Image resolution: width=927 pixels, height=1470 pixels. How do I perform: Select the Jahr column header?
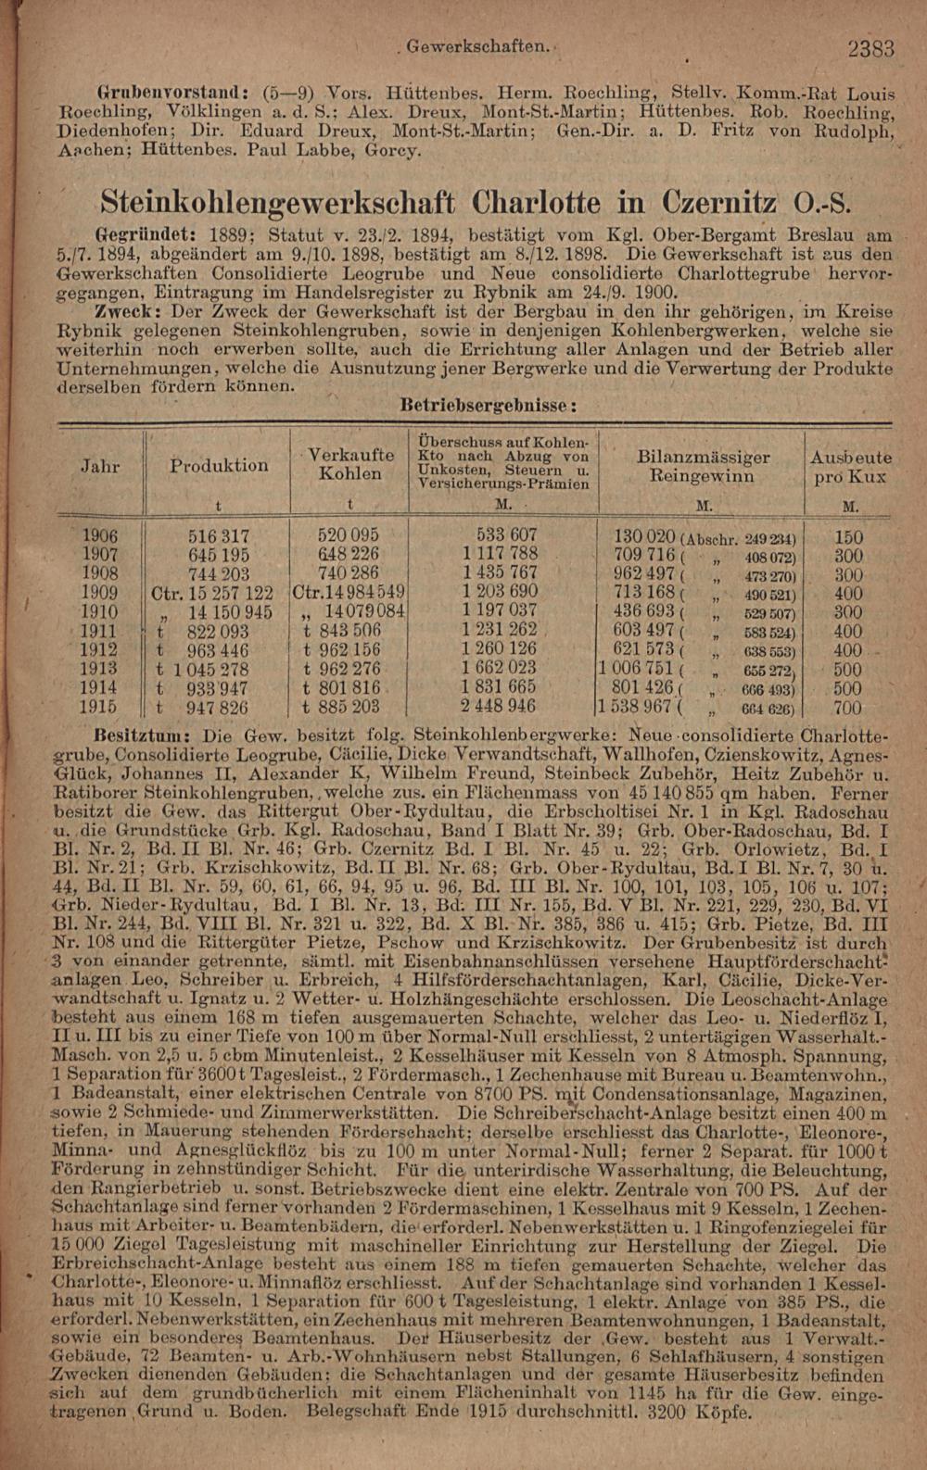coord(100,466)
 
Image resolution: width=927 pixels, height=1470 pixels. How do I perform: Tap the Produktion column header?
coord(220,465)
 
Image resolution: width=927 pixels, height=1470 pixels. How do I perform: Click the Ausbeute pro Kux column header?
coord(850,468)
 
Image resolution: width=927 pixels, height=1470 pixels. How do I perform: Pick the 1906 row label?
coord(100,536)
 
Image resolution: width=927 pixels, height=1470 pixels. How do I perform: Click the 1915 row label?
coord(99,708)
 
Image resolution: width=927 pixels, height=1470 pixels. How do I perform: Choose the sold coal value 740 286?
coord(349,574)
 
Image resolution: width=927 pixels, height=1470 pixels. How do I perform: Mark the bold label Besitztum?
coord(148,733)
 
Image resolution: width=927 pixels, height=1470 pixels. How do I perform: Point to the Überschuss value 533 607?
coord(506,536)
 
